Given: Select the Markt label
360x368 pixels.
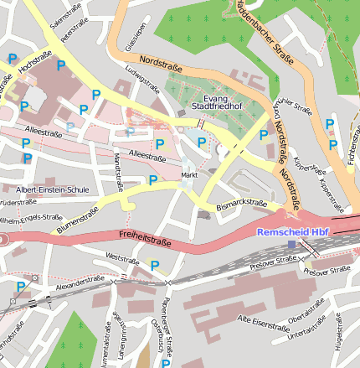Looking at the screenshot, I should pos(189,174).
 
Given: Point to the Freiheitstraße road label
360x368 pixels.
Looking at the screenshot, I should pos(145,238).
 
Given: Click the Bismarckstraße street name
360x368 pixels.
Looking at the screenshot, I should pos(241,204).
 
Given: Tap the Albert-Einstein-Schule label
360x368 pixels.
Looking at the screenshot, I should pos(52,189).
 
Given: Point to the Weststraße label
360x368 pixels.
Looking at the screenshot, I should pos(123,259).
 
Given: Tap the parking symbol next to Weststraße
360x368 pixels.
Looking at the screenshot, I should pos(155,266).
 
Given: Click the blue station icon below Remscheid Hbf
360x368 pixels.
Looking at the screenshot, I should pos(291,244).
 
